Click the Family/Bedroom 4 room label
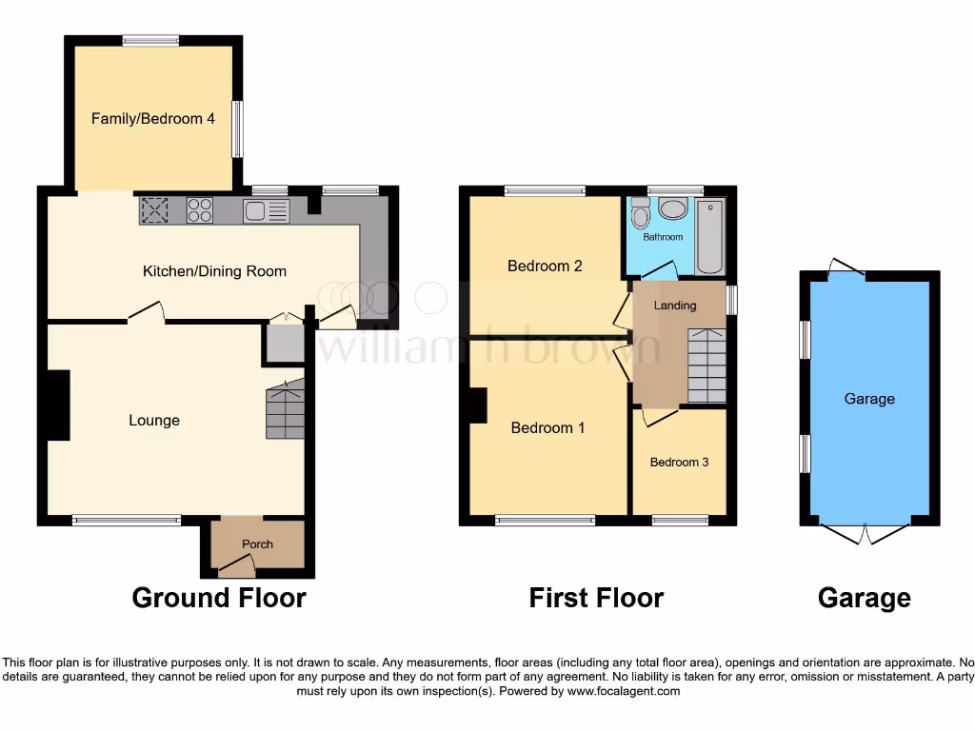click(x=152, y=119)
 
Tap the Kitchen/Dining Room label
click(x=214, y=271)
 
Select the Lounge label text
click(x=154, y=421)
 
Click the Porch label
click(x=257, y=544)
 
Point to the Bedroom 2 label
click(x=545, y=267)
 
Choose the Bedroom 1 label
click(x=547, y=428)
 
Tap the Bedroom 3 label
click(x=679, y=463)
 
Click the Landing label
click(x=675, y=306)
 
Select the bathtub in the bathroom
click(x=710, y=235)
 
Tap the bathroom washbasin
click(x=674, y=209)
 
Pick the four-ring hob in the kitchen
click(x=200, y=210)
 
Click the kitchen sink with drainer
click(x=266, y=210)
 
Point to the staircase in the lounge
click(x=285, y=409)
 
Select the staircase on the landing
click(x=706, y=365)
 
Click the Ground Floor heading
click(x=219, y=598)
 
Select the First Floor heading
click(x=596, y=598)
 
